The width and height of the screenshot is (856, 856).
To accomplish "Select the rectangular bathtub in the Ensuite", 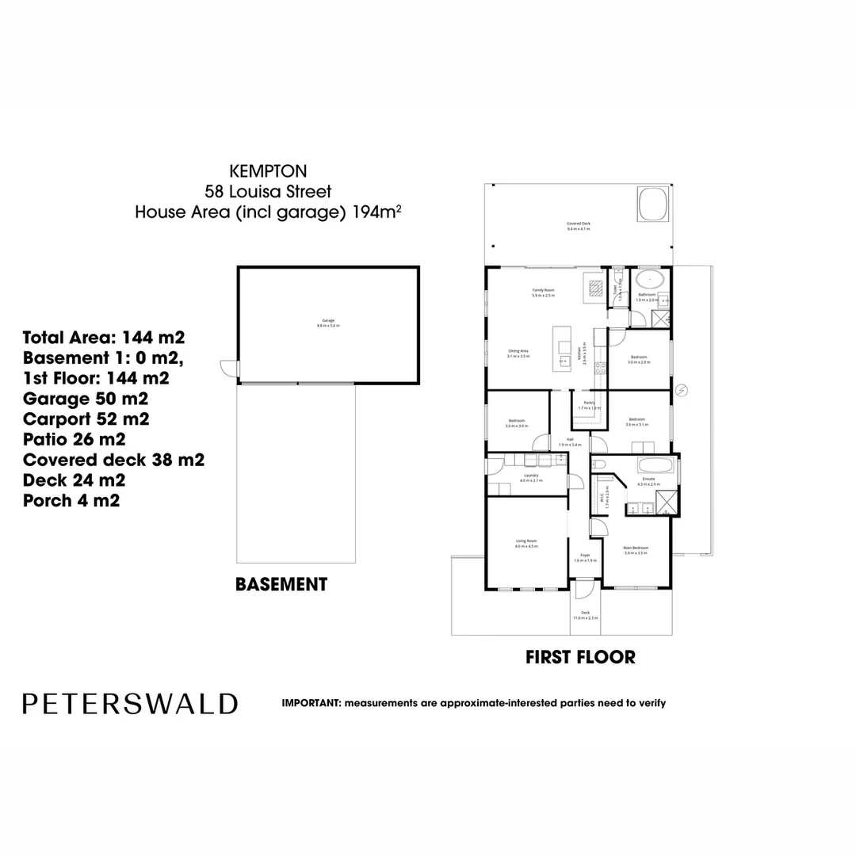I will pyautogui.click(x=655, y=465).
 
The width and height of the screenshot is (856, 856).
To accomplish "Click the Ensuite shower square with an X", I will pyautogui.click(x=668, y=502).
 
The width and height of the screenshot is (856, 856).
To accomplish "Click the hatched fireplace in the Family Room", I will pyautogui.click(x=594, y=285).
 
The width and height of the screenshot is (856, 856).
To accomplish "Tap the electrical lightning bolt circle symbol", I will pyautogui.click(x=681, y=389).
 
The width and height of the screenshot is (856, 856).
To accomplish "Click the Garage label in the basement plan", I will pyautogui.click(x=327, y=323).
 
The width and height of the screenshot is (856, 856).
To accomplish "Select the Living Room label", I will pyautogui.click(x=526, y=543).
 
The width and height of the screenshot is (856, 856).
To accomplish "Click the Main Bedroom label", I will pyautogui.click(x=636, y=549).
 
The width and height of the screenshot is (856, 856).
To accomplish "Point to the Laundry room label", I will pyautogui.click(x=530, y=477).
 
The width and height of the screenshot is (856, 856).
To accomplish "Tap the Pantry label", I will pyautogui.click(x=589, y=404).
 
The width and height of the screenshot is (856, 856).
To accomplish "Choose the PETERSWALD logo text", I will pyautogui.click(x=130, y=704).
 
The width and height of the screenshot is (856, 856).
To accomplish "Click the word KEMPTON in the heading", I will pyautogui.click(x=267, y=170).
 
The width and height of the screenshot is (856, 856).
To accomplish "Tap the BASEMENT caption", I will pyautogui.click(x=281, y=585).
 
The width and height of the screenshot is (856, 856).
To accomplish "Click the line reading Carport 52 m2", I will pyautogui.click(x=86, y=418).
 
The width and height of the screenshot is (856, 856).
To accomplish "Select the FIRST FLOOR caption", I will pyautogui.click(x=580, y=657).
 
